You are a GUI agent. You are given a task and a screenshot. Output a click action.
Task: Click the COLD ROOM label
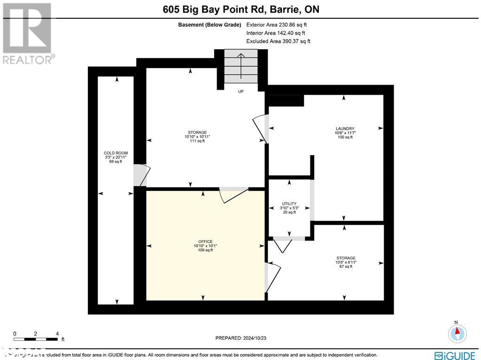(116, 157)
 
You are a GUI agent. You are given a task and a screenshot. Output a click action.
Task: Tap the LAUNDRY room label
(345, 133)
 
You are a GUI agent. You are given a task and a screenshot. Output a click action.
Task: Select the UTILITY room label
(289, 208)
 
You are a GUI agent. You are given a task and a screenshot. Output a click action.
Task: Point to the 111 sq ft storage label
(196, 136)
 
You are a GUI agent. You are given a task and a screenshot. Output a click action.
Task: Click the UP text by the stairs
(240, 91)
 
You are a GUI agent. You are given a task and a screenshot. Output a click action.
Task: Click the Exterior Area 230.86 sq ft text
(277, 25)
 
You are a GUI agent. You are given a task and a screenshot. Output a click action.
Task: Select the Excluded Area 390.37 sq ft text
(278, 41)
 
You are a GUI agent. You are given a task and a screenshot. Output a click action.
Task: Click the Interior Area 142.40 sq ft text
(276, 33)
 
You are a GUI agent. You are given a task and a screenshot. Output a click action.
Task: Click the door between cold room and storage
(140, 175)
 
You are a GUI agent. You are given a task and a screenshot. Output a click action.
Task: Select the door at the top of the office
(233, 194)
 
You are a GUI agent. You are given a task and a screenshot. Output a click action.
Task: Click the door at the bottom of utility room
(283, 243)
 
